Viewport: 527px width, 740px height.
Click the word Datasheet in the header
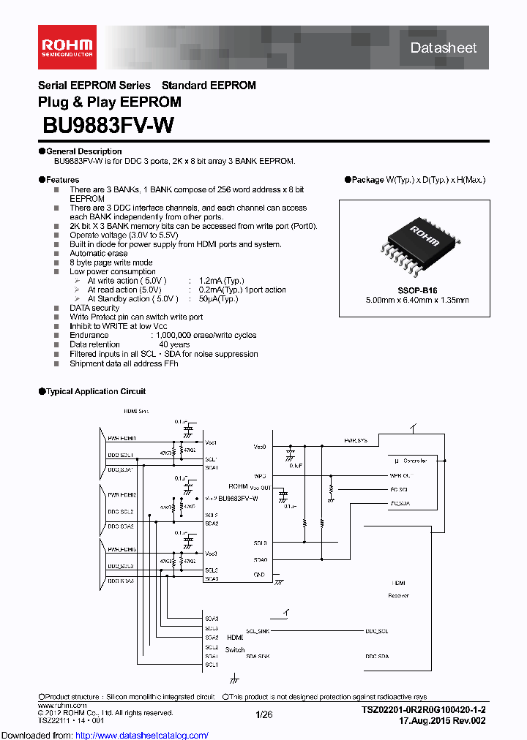pyautogui.click(x=443, y=48)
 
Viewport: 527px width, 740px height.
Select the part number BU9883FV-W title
pyautogui.click(x=108, y=126)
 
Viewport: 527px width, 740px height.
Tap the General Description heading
pyautogui.click(x=73, y=151)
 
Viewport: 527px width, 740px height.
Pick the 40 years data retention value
pyautogui.click(x=174, y=344)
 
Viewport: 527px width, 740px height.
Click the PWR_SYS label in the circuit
pyautogui.click(x=356, y=441)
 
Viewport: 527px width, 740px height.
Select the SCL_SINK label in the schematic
pyautogui.click(x=258, y=630)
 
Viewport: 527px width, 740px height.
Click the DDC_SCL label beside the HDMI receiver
pyautogui.click(x=377, y=630)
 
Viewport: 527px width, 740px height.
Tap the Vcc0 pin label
pyautogui.click(x=260, y=446)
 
